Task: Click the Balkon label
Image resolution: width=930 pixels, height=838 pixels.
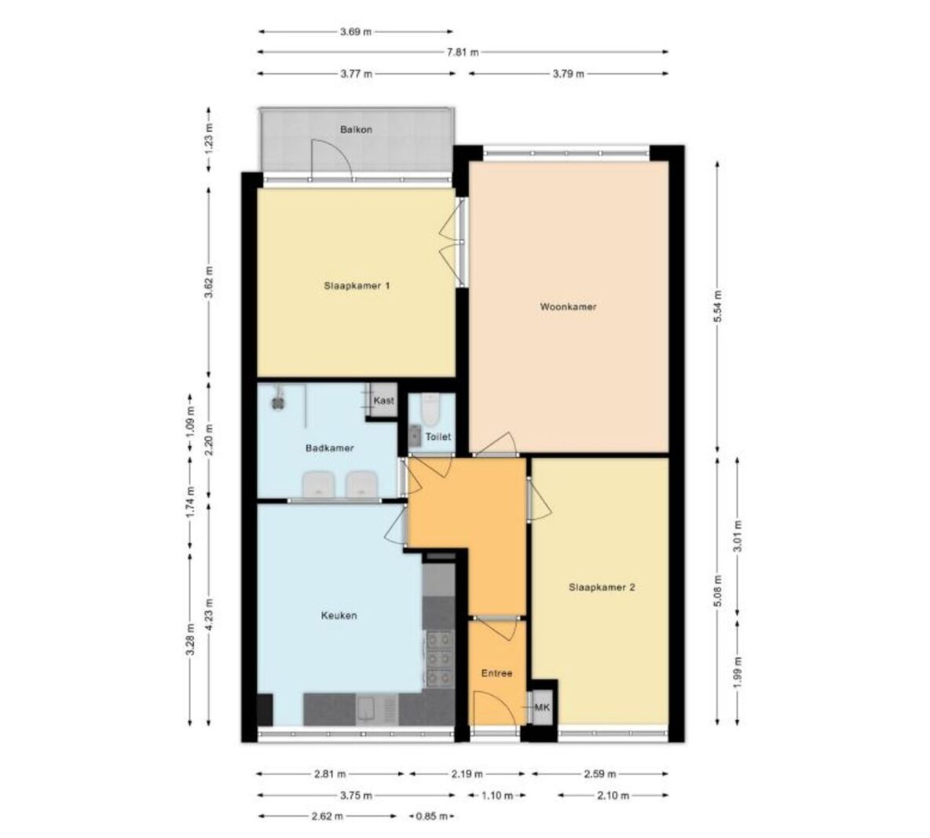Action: point(356,130)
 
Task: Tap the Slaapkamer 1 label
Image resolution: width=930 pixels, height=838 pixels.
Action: point(357,286)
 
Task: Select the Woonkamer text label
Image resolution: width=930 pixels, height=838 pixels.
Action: point(568,307)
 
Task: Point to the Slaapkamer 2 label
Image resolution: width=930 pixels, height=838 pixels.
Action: point(602,587)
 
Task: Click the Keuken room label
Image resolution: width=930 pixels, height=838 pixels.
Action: point(339,616)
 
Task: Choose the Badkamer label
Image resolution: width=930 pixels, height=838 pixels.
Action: point(330,448)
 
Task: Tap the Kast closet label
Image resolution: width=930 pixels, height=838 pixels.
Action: point(384,401)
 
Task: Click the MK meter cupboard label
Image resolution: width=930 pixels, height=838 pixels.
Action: point(542,708)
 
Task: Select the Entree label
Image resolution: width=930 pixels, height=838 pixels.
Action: point(496,674)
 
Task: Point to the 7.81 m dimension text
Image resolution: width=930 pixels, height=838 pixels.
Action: point(463,52)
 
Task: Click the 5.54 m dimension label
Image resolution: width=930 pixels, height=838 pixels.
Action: point(718,306)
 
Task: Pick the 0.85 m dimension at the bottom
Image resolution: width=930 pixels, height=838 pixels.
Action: point(432,817)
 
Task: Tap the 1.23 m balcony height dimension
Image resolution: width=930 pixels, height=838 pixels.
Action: point(208,139)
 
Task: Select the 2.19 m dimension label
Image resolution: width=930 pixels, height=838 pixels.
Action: point(467,774)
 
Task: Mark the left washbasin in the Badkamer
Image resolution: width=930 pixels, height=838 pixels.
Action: point(318,485)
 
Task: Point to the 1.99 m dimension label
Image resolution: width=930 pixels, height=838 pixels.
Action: point(738,672)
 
